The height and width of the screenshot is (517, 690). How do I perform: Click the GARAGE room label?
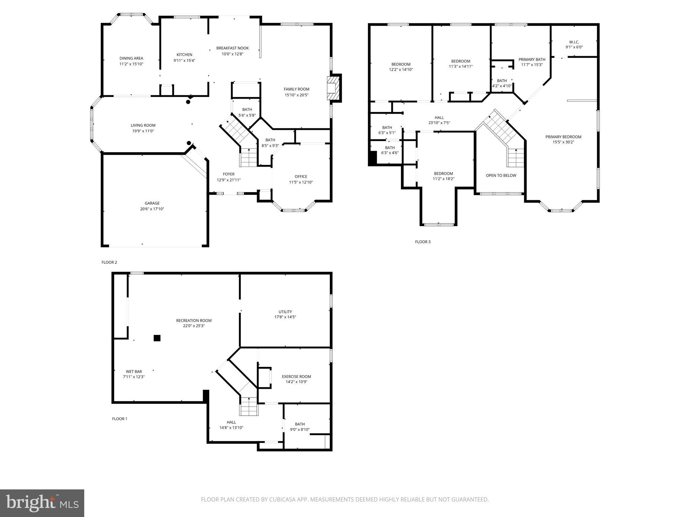(x=152, y=203)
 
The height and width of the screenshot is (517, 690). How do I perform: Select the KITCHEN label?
(x=184, y=55)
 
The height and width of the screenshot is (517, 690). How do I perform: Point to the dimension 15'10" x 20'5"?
(x=296, y=95)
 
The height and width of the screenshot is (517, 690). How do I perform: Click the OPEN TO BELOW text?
(x=501, y=175)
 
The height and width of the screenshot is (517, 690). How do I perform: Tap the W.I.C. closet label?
(x=574, y=42)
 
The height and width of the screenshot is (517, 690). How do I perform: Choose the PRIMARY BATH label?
(x=532, y=60)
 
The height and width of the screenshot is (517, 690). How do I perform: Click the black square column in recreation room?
(x=157, y=338)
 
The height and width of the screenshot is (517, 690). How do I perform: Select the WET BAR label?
(x=134, y=372)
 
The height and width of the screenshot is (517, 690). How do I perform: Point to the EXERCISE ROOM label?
(x=296, y=377)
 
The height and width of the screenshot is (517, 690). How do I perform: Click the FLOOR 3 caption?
(x=422, y=242)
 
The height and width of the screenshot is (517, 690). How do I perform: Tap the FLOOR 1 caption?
(x=120, y=419)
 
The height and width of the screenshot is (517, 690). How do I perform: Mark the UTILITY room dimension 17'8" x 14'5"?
(x=285, y=317)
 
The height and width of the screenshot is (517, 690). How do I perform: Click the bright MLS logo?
(x=42, y=503)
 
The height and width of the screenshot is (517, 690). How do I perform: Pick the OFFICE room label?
(x=301, y=176)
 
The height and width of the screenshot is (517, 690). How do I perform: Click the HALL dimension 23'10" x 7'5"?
(x=439, y=123)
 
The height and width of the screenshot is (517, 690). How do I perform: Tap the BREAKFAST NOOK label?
(x=232, y=48)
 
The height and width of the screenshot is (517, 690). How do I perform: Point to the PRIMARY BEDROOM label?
(x=563, y=137)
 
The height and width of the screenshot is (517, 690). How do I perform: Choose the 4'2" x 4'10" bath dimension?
(x=502, y=86)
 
